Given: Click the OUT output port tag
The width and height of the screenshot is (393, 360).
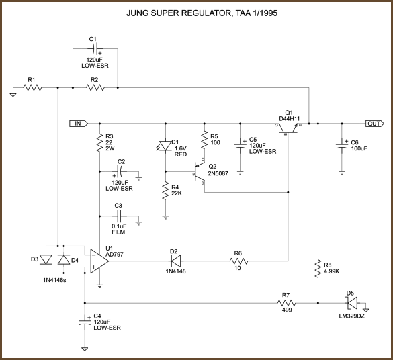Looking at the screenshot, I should (x=374, y=124).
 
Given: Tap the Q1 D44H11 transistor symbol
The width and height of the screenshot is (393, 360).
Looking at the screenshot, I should (x=290, y=128).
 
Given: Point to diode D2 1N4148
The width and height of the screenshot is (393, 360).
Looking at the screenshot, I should (x=173, y=262).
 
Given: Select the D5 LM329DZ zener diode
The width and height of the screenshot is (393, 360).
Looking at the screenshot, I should (x=349, y=303).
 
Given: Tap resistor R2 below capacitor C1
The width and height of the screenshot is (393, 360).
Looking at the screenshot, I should (x=95, y=87).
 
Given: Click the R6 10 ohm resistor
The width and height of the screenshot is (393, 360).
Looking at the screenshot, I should (x=238, y=262).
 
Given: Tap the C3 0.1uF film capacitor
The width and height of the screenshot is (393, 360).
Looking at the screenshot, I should (x=119, y=216).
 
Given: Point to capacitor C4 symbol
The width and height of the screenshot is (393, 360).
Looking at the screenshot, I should (x=85, y=322).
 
